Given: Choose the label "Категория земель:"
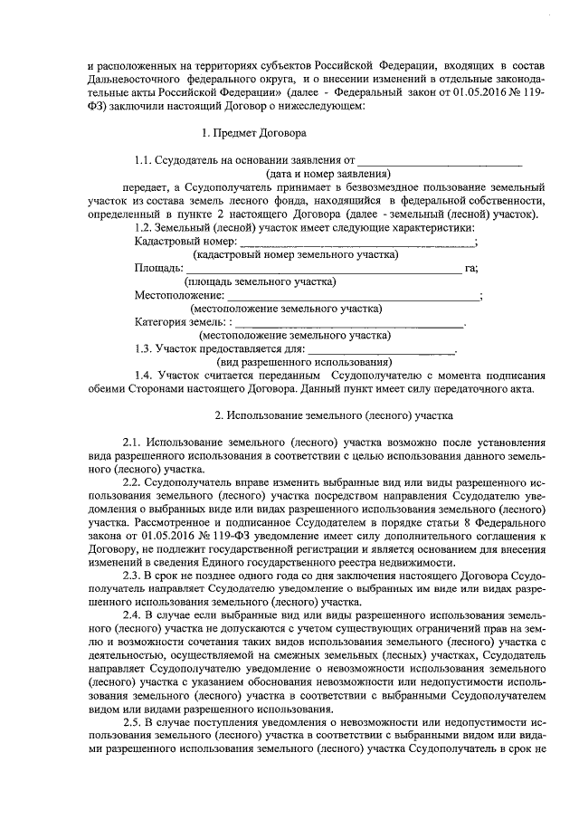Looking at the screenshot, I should click(x=181, y=321).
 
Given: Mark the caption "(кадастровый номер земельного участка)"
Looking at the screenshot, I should click(x=296, y=255).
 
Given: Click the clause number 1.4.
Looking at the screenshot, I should click(x=143, y=374).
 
